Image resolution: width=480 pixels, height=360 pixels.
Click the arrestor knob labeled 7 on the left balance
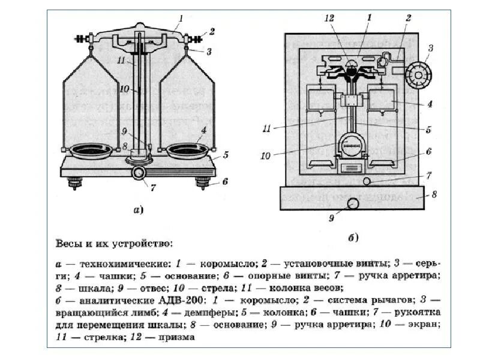click(139, 173)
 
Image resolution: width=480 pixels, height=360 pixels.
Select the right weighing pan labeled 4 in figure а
click(187, 151)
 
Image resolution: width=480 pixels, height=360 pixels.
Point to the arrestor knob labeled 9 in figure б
click(353, 203)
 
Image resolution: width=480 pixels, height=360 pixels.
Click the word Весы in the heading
click(69, 244)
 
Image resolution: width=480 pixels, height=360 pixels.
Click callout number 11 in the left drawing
click(121, 60)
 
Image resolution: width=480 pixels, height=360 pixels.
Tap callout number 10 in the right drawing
click(266, 156)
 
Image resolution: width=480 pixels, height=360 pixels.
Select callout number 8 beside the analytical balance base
click(435, 194)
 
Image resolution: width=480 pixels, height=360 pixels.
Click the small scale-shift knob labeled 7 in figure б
click(367, 181)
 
